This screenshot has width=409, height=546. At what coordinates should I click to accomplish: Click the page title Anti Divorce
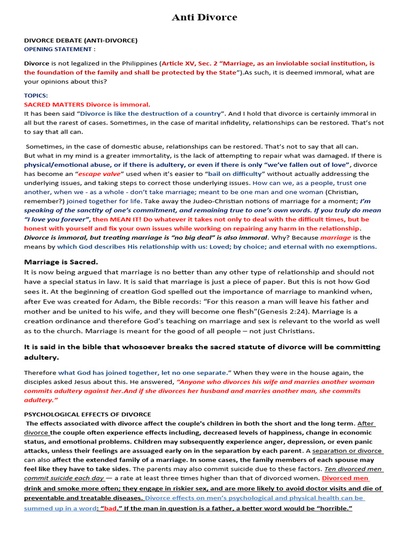204,18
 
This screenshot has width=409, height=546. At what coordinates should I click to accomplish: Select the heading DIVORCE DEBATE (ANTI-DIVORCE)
80,40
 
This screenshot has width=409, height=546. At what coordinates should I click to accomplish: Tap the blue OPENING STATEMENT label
60,49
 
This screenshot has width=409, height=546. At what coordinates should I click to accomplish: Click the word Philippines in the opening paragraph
135,63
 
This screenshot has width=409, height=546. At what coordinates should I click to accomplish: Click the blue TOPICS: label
36,95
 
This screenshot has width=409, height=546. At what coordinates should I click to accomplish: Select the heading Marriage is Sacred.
61,262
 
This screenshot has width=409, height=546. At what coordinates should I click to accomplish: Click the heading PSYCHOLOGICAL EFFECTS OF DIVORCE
87,414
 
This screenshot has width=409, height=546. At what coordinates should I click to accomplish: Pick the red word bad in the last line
110,508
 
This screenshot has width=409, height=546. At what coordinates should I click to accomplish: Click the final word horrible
334,508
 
